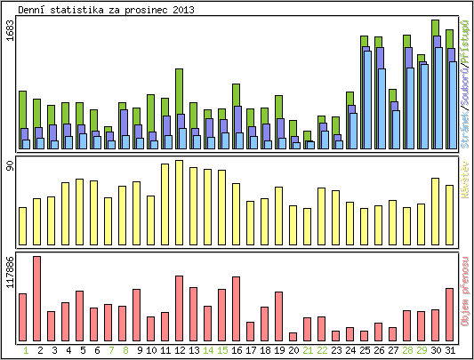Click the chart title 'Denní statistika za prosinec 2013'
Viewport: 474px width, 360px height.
coord(107,9)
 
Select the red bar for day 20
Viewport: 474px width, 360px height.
coord(293,336)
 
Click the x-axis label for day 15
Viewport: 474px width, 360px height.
coord(222,350)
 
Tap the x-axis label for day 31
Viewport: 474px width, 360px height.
coord(450,350)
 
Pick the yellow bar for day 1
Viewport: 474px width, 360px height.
coord(23,223)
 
